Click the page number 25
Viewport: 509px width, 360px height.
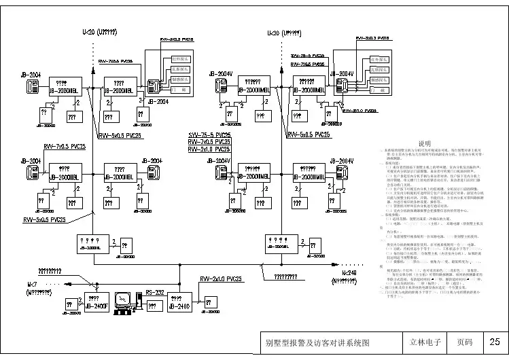coord(494,342)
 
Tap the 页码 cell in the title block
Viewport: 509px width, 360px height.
coord(464,342)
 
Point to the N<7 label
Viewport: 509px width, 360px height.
coord(33,283)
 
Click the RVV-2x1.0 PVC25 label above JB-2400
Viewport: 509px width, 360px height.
coord(222,279)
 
